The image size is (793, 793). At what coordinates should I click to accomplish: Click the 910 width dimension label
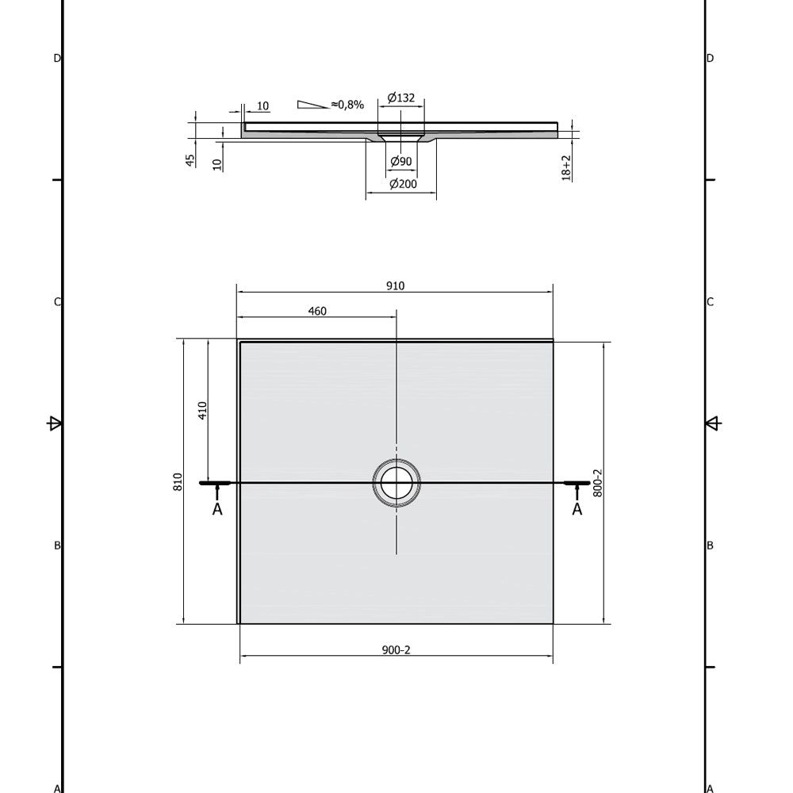coord(395,285)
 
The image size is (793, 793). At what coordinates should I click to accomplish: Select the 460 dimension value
coord(317,311)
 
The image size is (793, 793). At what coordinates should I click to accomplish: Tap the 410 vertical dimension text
coord(203,411)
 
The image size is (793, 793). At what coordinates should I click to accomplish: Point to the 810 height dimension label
coord(178,482)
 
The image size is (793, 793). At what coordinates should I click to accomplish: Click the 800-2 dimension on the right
coord(598,483)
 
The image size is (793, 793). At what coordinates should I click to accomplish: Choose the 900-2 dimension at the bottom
coord(396,650)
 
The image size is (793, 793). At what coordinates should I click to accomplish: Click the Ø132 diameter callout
coord(401,98)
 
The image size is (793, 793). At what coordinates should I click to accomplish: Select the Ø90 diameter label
coord(401,161)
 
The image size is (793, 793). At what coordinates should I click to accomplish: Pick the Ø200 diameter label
coord(403,184)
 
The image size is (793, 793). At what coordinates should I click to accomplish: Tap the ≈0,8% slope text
coord(347,105)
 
